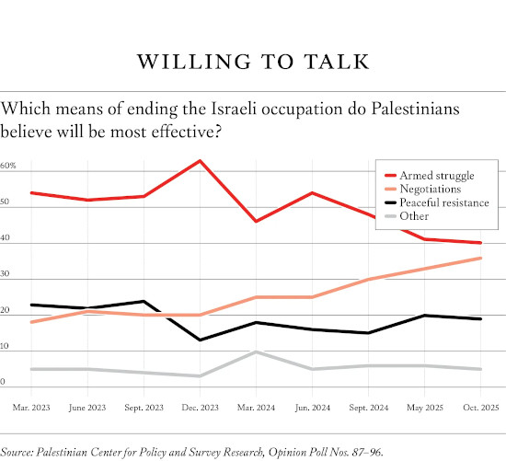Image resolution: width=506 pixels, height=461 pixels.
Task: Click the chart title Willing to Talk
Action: coord(253,62)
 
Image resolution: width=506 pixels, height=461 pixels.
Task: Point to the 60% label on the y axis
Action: coord(8,167)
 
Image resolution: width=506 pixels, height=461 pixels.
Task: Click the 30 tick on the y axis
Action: coord(6,274)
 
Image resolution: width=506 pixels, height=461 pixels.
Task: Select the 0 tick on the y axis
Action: coord(4,381)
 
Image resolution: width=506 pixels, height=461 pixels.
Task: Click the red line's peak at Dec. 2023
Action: coord(201,161)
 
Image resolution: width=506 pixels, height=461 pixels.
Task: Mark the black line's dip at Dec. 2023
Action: coord(201,340)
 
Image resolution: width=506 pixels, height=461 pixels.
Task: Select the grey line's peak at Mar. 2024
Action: coord(258,352)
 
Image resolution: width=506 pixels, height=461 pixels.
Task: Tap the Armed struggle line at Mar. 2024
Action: coord(258,222)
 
